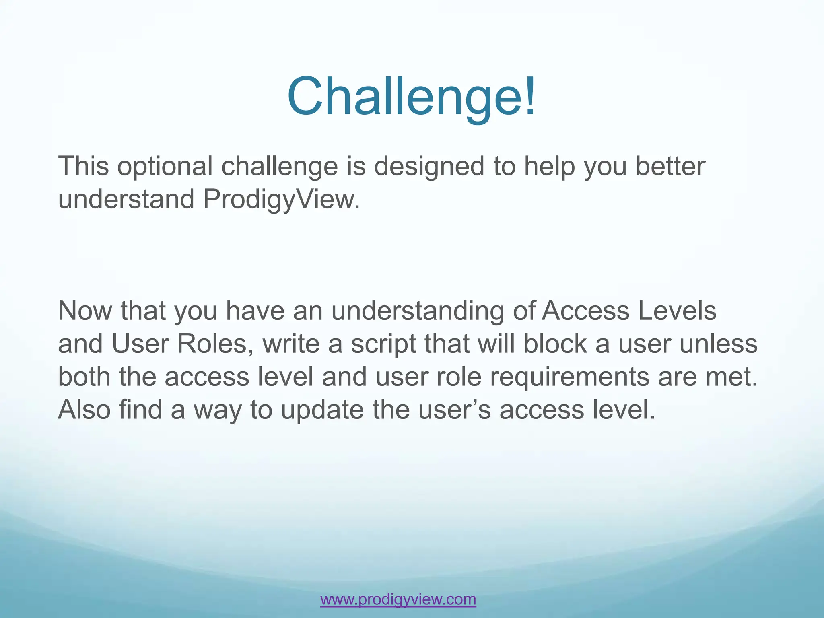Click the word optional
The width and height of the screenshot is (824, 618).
coord(165,166)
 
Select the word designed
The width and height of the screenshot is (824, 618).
coord(429,166)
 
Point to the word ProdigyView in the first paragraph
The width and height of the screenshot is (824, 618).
coord(281,199)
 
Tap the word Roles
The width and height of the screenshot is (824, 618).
coord(215,344)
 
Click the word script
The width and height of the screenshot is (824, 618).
coord(383,344)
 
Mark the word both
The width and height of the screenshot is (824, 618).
coord(84,377)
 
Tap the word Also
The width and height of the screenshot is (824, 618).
coord(84,410)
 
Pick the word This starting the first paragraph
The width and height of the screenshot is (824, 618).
coord(83,166)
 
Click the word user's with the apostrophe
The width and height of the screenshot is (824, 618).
coord(454,410)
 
